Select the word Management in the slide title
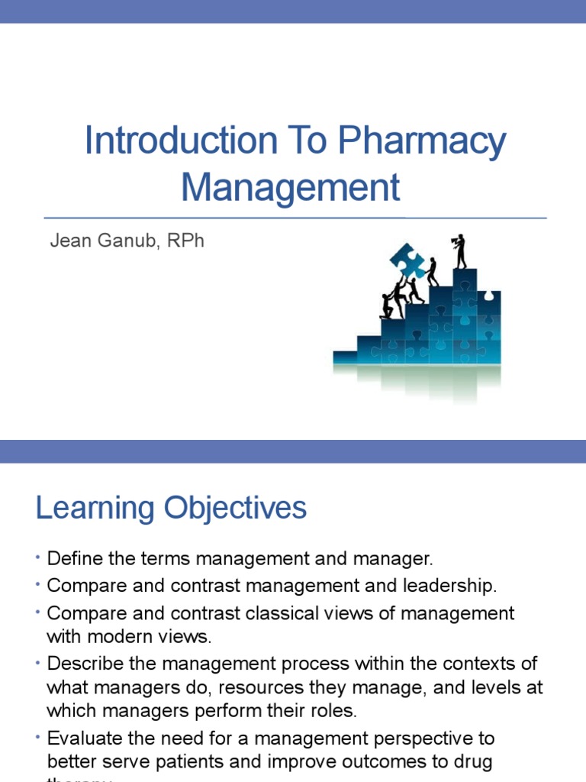291,187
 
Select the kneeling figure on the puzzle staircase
388,305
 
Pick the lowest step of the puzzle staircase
345,356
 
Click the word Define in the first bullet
70,559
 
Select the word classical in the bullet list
304,613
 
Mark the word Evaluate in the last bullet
80,738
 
